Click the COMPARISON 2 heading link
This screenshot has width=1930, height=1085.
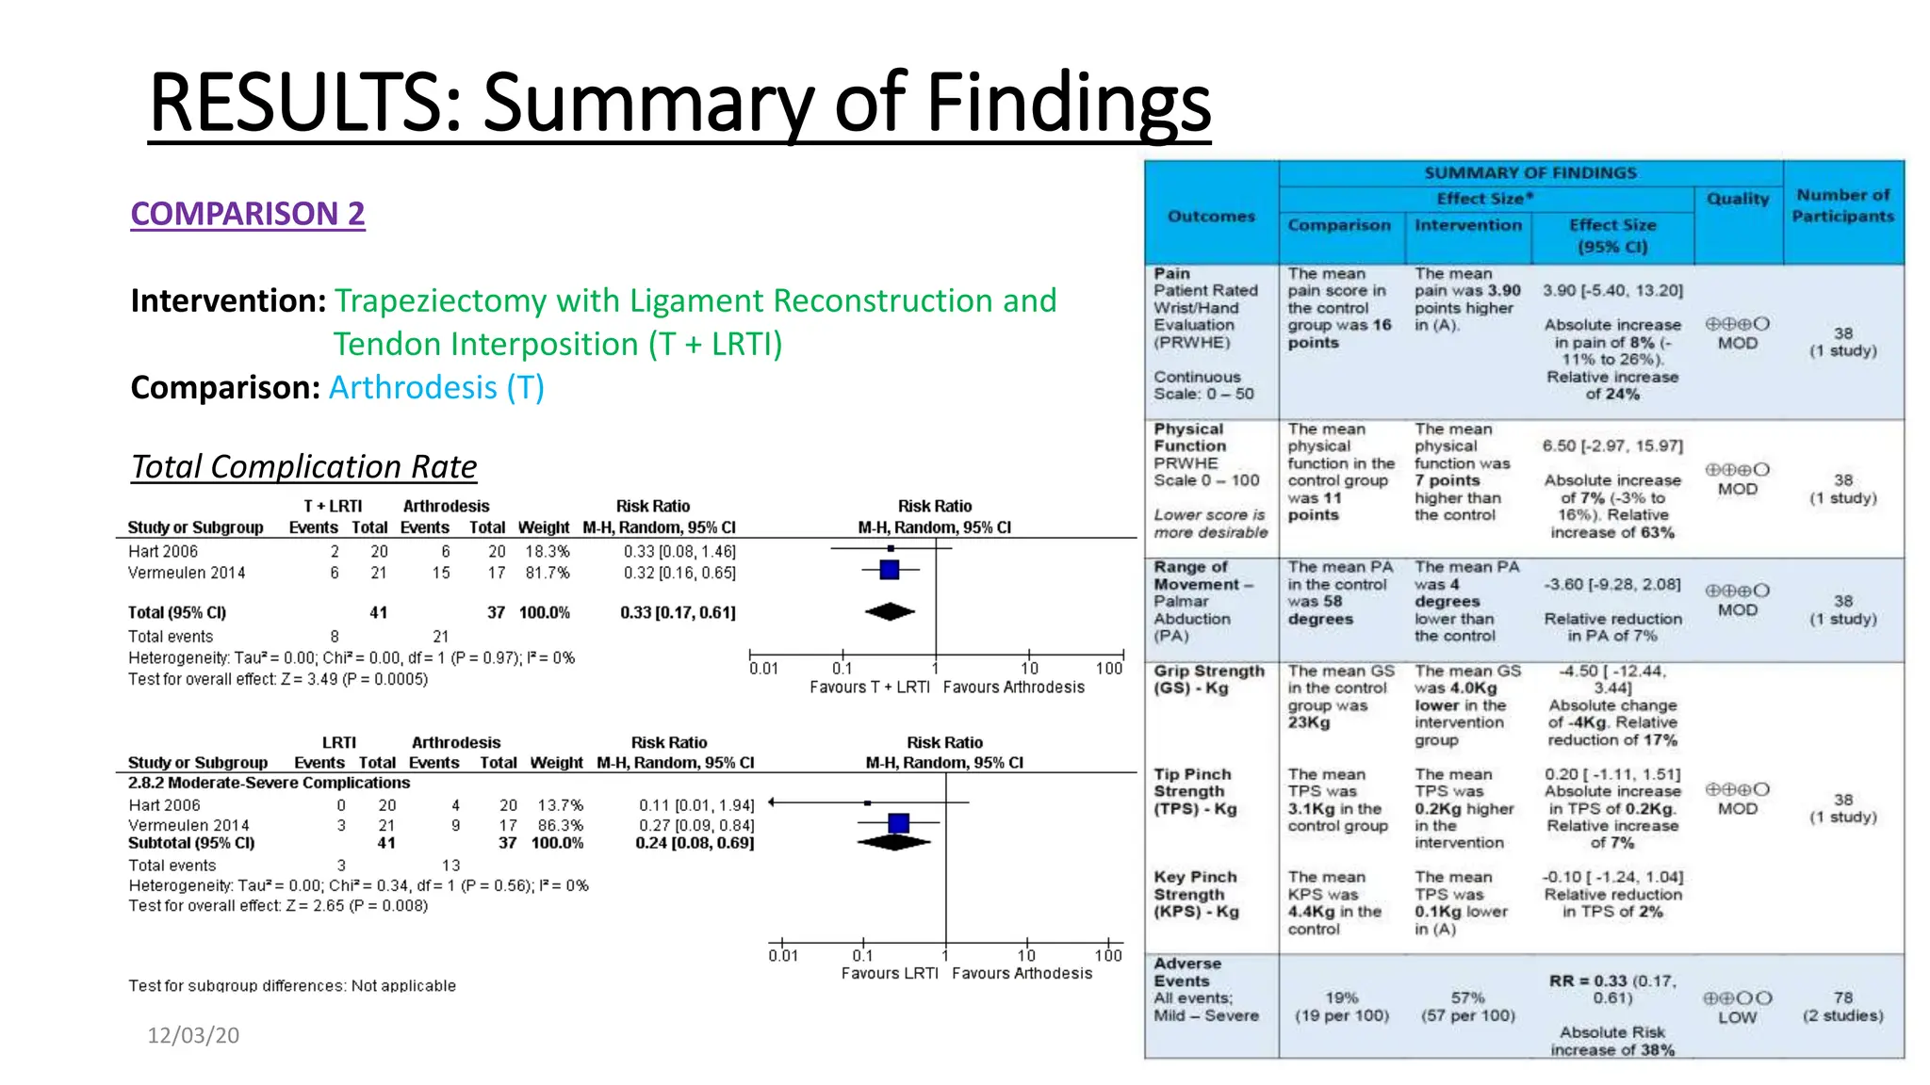pyautogui.click(x=247, y=214)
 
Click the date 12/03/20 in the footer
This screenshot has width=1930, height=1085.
pyautogui.click(x=193, y=1035)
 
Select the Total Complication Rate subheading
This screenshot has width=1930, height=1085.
pyautogui.click(x=303, y=466)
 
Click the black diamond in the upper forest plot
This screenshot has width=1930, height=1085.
pyautogui.click(x=890, y=612)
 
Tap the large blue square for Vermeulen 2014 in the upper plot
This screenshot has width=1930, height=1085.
pyautogui.click(x=889, y=570)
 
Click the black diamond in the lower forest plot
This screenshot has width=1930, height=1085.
pyautogui.click(x=894, y=842)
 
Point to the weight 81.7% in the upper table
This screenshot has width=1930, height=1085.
pyautogui.click(x=548, y=573)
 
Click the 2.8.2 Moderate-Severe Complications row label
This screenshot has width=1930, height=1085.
pyautogui.click(x=270, y=783)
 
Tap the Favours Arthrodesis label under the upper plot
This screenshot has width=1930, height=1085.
pyautogui.click(x=1013, y=688)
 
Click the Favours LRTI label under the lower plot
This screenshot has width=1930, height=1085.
pyautogui.click(x=890, y=973)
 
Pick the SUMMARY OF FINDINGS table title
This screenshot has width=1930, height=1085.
pyautogui.click(x=1530, y=173)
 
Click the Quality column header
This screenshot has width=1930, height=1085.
pyautogui.click(x=1738, y=199)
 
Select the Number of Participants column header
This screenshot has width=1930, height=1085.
pyautogui.click(x=1842, y=205)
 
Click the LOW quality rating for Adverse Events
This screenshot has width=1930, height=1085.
pyautogui.click(x=1737, y=1017)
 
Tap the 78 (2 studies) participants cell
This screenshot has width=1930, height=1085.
pyautogui.click(x=1842, y=1006)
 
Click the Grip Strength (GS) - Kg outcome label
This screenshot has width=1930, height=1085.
pyautogui.click(x=1208, y=679)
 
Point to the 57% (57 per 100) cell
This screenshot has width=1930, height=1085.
pyautogui.click(x=1467, y=1006)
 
